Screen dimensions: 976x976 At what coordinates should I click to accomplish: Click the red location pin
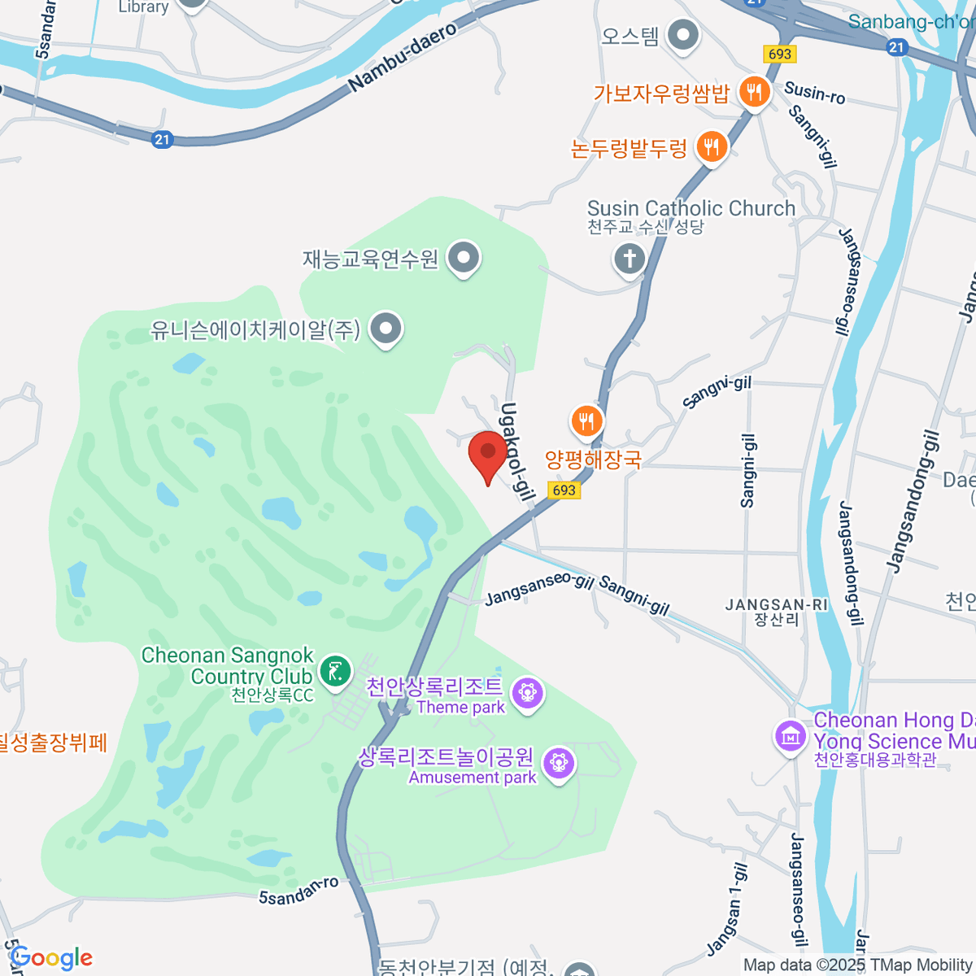(488, 454)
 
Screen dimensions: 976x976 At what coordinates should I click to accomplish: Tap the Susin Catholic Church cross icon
(629, 259)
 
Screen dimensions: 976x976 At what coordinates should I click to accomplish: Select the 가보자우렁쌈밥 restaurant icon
(754, 93)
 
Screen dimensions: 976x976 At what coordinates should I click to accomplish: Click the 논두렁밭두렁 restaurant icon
(712, 147)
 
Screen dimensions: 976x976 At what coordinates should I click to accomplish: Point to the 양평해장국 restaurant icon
(586, 420)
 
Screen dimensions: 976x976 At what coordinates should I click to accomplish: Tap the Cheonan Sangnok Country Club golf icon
(334, 671)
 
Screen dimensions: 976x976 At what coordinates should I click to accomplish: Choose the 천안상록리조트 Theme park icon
(528, 693)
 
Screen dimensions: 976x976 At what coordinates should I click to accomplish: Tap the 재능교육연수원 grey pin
(464, 258)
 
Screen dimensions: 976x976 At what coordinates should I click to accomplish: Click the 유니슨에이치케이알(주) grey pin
(386, 329)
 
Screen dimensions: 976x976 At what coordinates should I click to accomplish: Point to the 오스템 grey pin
(683, 35)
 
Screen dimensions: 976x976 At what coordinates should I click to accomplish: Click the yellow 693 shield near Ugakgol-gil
(564, 490)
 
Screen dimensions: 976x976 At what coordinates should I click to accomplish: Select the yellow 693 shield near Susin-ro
(779, 54)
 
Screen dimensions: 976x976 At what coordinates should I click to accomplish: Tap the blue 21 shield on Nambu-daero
(162, 140)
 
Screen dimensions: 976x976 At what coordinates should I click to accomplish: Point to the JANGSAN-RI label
(777, 605)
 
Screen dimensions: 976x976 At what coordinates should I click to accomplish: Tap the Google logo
(51, 958)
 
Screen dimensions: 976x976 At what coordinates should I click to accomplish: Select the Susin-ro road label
(814, 94)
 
